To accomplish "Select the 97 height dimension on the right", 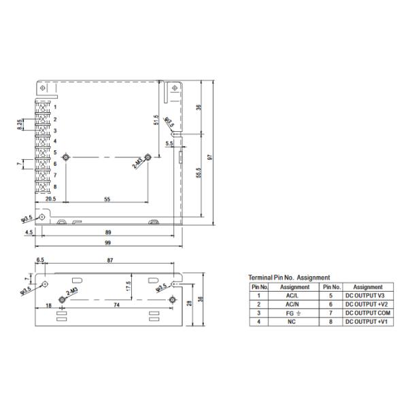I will pyautogui.click(x=211, y=156).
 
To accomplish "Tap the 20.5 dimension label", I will pyautogui.click(x=50, y=200).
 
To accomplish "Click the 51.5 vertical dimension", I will pyautogui.click(x=156, y=120).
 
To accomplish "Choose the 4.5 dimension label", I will pyautogui.click(x=29, y=233).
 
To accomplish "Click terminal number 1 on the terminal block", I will pyautogui.click(x=55, y=107).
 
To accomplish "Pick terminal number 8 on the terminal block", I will pyautogui.click(x=55, y=186).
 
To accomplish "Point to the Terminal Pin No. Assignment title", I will pyautogui.click(x=289, y=277).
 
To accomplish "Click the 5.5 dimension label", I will pyautogui.click(x=169, y=144).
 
